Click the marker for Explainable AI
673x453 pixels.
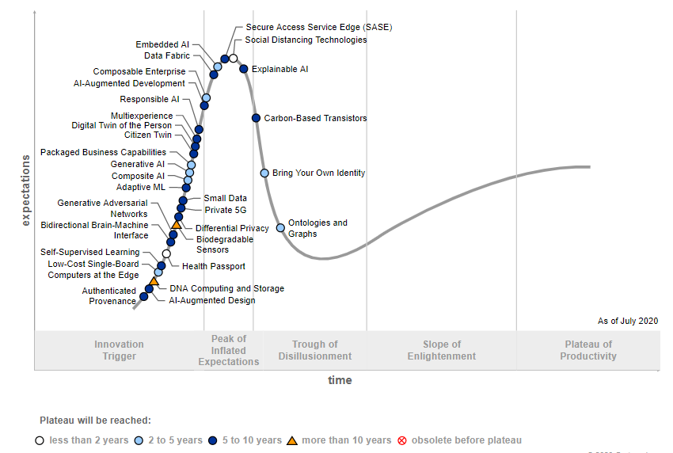[x=244, y=69]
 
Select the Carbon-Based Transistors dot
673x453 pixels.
[x=256, y=118]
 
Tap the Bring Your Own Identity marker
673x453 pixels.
[x=264, y=173]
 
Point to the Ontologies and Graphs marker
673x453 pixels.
[x=280, y=228]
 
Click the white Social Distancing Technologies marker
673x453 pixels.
[x=234, y=58]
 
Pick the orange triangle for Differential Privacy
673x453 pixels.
[x=176, y=225]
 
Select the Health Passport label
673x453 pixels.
[x=213, y=266]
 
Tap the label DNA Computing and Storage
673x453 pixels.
[x=226, y=288]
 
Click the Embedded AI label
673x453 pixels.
[x=162, y=45]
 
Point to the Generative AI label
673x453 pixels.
[x=138, y=164]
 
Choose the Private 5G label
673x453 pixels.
[x=226, y=210]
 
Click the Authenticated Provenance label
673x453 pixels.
[x=109, y=296]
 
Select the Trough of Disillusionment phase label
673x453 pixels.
[x=314, y=350]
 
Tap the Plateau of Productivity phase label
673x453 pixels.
[x=588, y=350]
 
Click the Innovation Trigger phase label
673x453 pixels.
[x=119, y=350]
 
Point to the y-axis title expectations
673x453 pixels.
[x=25, y=190]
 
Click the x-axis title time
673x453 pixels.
[x=340, y=380]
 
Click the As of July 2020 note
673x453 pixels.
[x=627, y=321]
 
